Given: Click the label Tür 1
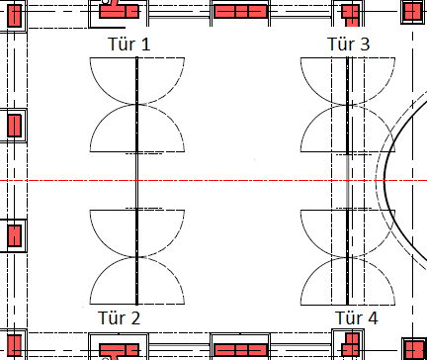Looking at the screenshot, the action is click(x=128, y=45).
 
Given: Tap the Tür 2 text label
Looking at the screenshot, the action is click(x=120, y=318).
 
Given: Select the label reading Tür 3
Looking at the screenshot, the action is click(x=349, y=45).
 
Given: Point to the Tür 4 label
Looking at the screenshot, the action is click(x=357, y=318).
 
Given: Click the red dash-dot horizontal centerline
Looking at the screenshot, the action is click(x=213, y=181).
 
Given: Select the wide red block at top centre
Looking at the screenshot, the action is click(x=240, y=11).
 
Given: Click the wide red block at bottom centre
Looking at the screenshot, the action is click(x=240, y=350).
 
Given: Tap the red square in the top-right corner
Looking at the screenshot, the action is click(x=413, y=11).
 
